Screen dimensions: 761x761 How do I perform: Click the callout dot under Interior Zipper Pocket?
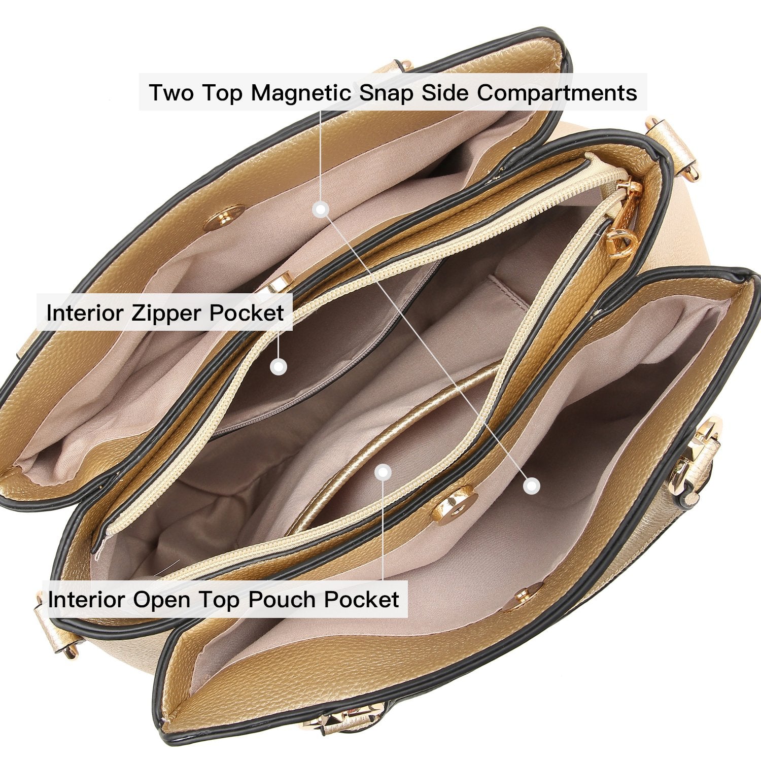pos(278,366)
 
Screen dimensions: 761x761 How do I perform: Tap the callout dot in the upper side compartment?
pos(320,209)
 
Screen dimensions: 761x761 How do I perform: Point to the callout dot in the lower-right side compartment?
pos(531,486)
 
